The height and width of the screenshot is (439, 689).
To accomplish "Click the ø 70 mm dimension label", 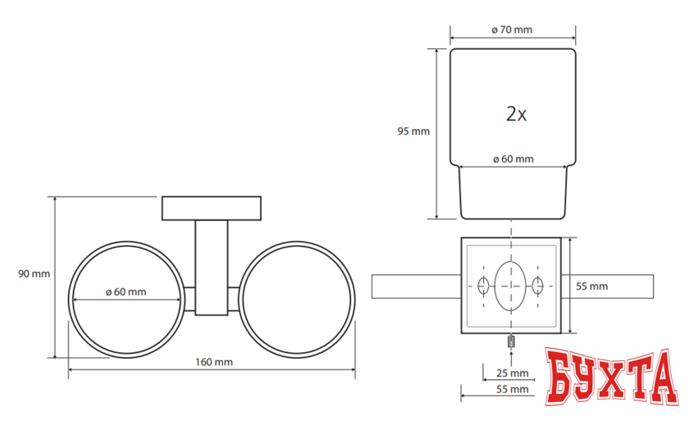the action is pos(512,30).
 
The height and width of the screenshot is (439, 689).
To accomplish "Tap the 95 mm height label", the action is pos(413,131).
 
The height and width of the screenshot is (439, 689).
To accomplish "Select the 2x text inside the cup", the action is pos(516,114).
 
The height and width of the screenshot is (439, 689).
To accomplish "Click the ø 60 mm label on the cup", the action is pos(513,159).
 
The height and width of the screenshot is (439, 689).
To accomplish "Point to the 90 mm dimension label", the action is pos(34,274).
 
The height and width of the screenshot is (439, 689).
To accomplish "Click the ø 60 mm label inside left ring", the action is pos(126,292).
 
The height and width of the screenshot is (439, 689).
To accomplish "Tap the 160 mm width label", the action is pos(214,362).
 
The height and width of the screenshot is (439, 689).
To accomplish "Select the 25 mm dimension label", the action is pos(513,373).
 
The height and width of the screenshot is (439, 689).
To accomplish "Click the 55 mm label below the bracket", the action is pos(513,389).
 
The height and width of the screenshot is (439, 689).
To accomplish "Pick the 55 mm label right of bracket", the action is pos(592,286).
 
